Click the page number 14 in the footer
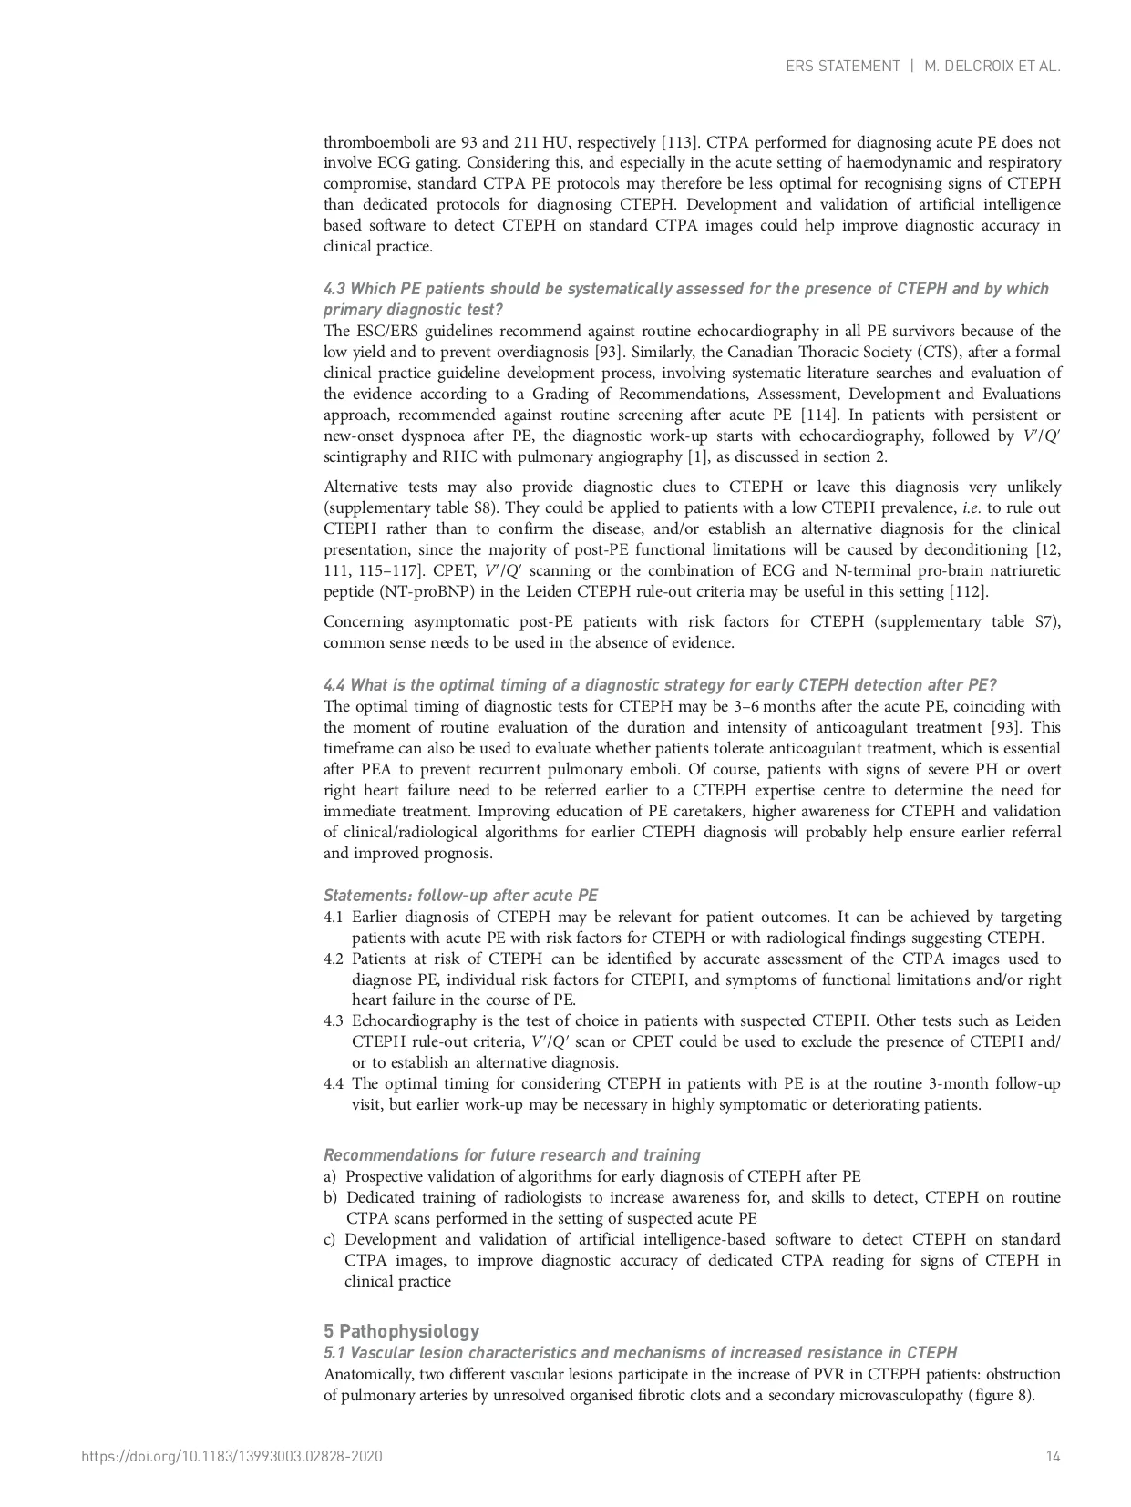(1053, 1457)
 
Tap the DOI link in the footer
(231, 1457)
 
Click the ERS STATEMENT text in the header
(842, 67)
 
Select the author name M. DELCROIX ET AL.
(992, 67)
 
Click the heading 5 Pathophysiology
(401, 1331)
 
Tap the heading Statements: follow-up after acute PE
(460, 896)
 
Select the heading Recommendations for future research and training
(511, 1155)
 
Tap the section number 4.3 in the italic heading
(334, 289)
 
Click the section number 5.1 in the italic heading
(334, 1353)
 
